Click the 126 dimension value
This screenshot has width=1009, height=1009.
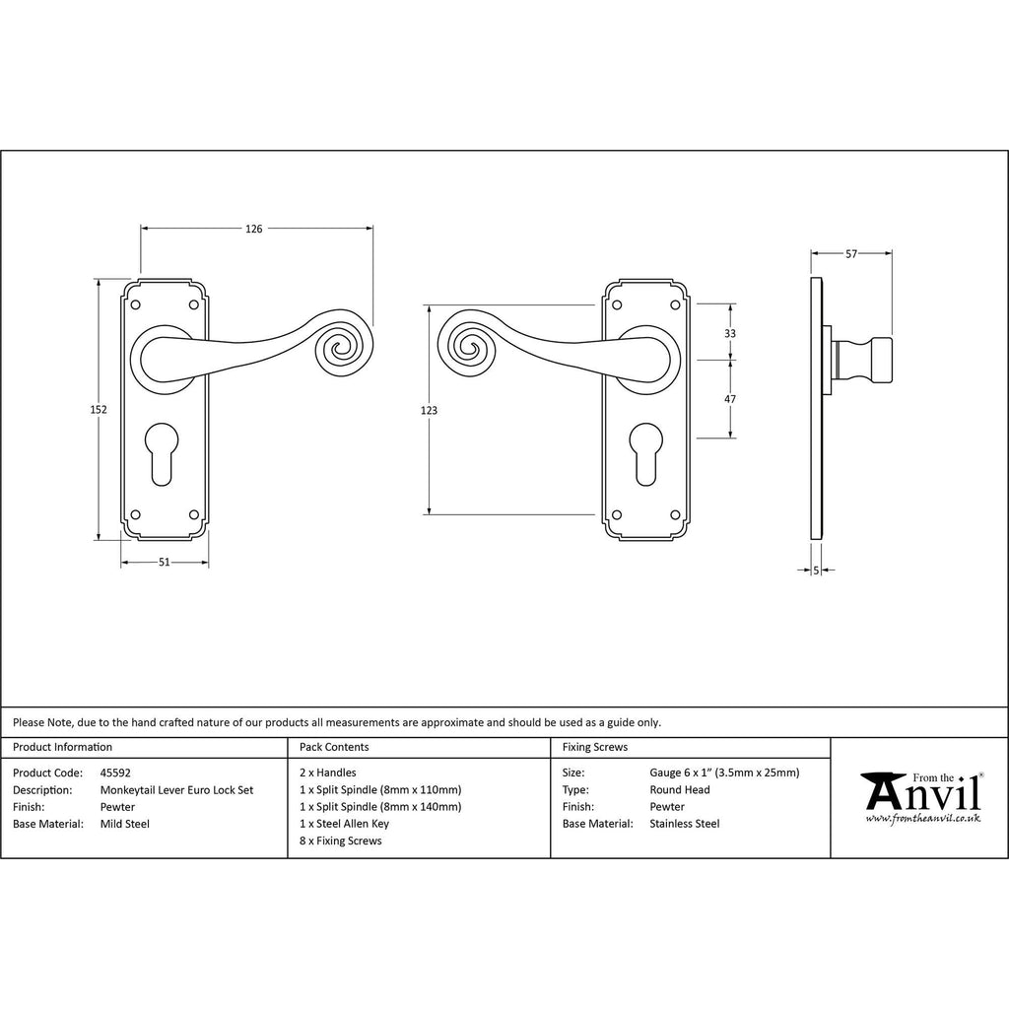[x=254, y=229]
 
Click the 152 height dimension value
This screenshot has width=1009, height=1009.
[x=99, y=409]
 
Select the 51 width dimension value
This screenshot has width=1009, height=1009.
[x=165, y=563]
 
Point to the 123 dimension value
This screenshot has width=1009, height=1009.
[x=429, y=410]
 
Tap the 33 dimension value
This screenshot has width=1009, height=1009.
[x=730, y=333]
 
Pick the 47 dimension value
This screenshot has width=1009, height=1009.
[x=730, y=399]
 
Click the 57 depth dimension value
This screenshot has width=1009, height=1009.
[x=851, y=254]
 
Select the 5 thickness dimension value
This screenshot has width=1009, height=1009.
[x=816, y=571]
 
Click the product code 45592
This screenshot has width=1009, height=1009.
[x=116, y=773]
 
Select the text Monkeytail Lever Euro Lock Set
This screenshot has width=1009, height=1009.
[x=177, y=790]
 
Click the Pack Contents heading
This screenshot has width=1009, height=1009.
[x=334, y=747]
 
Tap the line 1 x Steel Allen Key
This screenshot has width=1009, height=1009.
[x=344, y=824]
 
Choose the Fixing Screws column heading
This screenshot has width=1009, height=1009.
[x=595, y=747]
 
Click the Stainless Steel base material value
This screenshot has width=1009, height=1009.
[x=685, y=824]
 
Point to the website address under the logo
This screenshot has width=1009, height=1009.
[x=923, y=819]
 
